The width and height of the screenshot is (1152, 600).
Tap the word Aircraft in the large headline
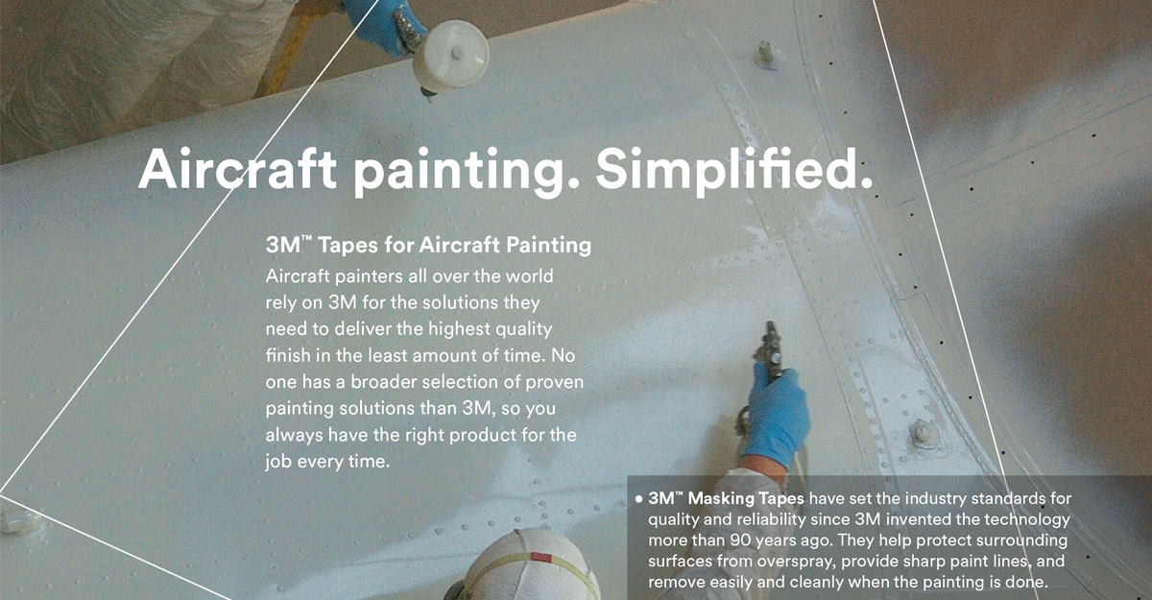coord(237,169)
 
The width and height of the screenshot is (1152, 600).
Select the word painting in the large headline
coord(460,173)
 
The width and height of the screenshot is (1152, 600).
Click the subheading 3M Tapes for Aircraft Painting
coord(428,245)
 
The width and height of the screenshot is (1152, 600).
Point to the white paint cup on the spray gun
coord(450,56)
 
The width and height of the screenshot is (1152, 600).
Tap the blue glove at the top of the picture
coord(383,24)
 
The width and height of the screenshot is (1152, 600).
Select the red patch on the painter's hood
coord(541,558)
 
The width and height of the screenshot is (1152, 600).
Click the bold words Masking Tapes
coord(746,498)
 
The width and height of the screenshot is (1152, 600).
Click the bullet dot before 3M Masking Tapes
coord(638,498)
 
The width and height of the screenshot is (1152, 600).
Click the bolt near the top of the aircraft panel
coord(766,54)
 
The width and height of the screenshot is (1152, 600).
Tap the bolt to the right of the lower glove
coord(924,436)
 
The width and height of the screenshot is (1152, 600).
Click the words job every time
coord(327,462)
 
